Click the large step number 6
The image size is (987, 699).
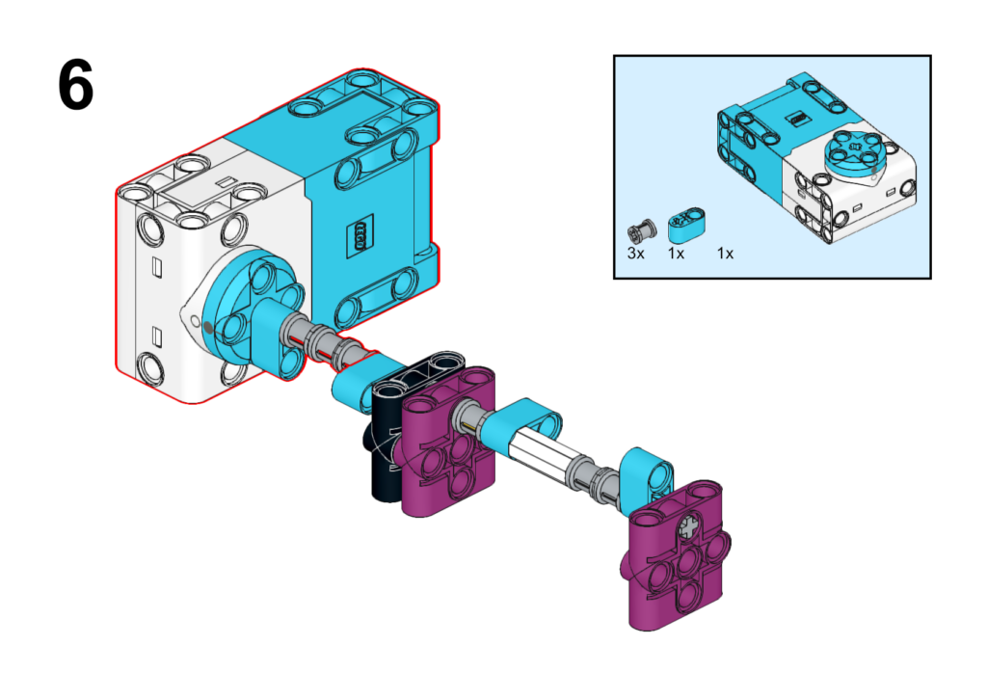[x=75, y=85]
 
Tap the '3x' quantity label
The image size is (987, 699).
[x=636, y=254]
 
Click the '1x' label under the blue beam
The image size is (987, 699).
[x=676, y=254]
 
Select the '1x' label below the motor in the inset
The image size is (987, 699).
[x=725, y=254]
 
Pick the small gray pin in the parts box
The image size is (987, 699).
[x=642, y=230]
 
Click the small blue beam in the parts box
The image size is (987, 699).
[x=686, y=225]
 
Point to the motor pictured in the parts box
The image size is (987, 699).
[x=816, y=157]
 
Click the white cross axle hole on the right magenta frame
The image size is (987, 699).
[x=690, y=526]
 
